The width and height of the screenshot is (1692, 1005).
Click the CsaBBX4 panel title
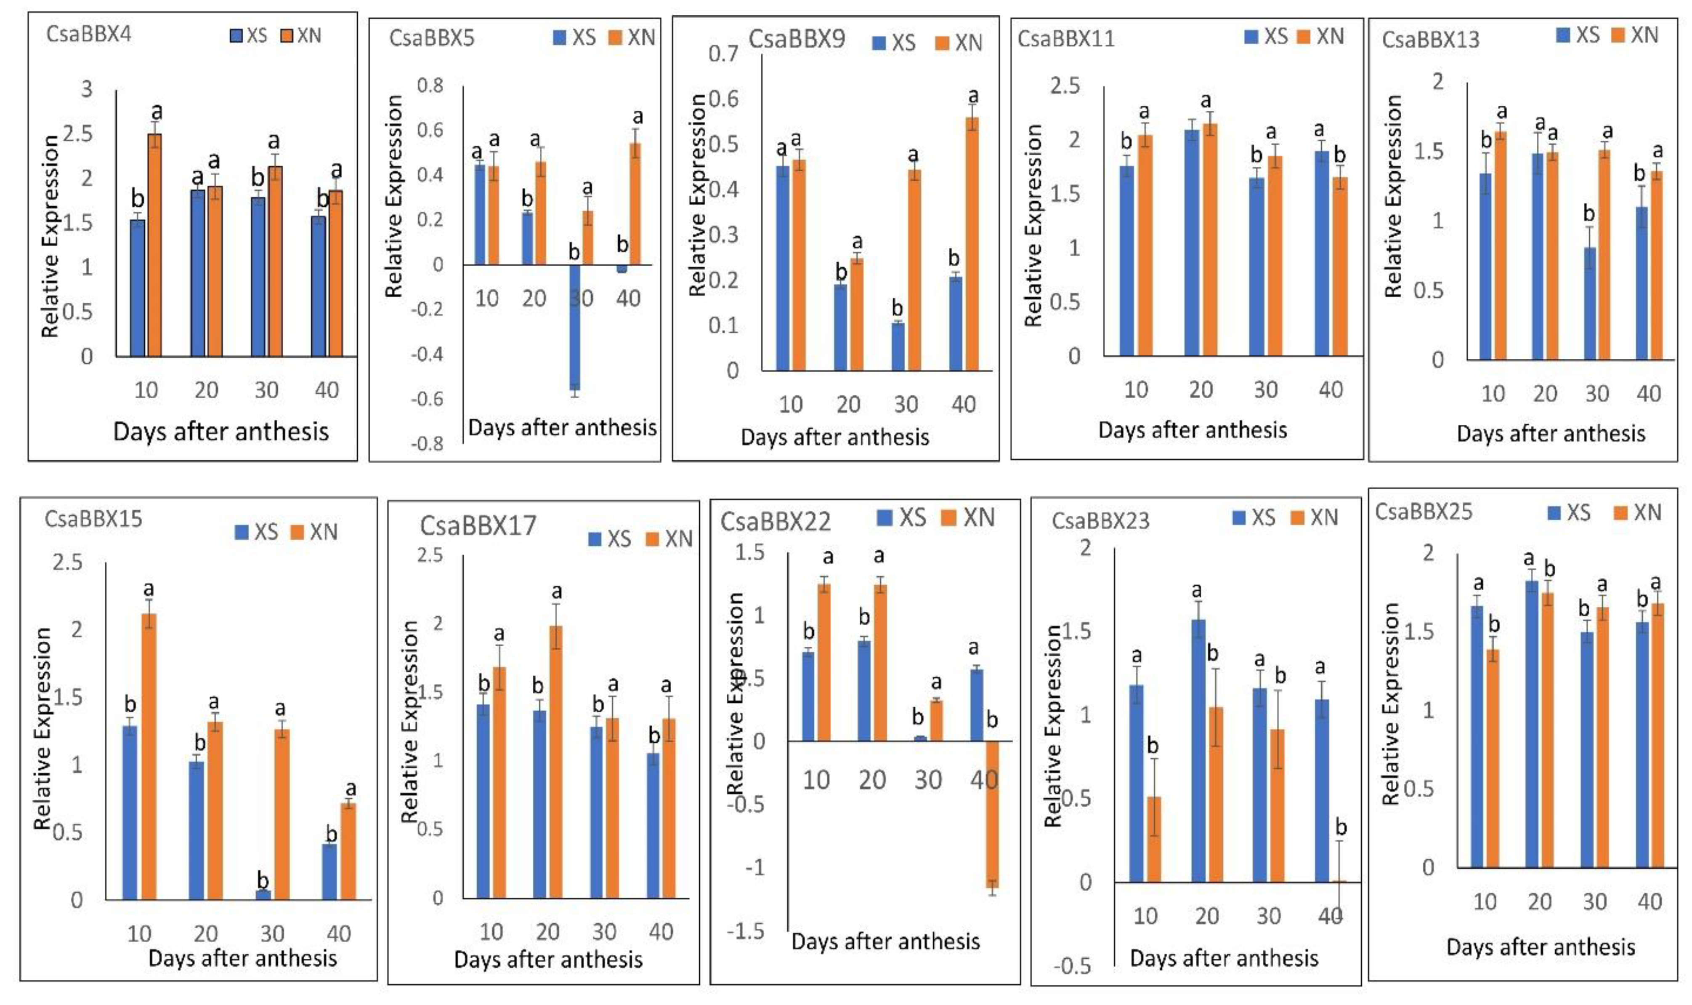coord(89,34)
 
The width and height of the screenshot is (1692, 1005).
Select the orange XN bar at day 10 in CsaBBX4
coord(154,244)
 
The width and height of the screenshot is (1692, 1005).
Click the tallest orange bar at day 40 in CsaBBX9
coord(972,244)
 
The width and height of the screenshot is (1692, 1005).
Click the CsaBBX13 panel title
coord(1430,39)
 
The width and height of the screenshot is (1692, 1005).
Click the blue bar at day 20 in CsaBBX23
coord(1197,750)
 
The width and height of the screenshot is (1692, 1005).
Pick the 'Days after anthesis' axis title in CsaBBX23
coord(1224,957)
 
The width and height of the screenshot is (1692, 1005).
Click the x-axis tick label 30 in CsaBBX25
coord(1594,901)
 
